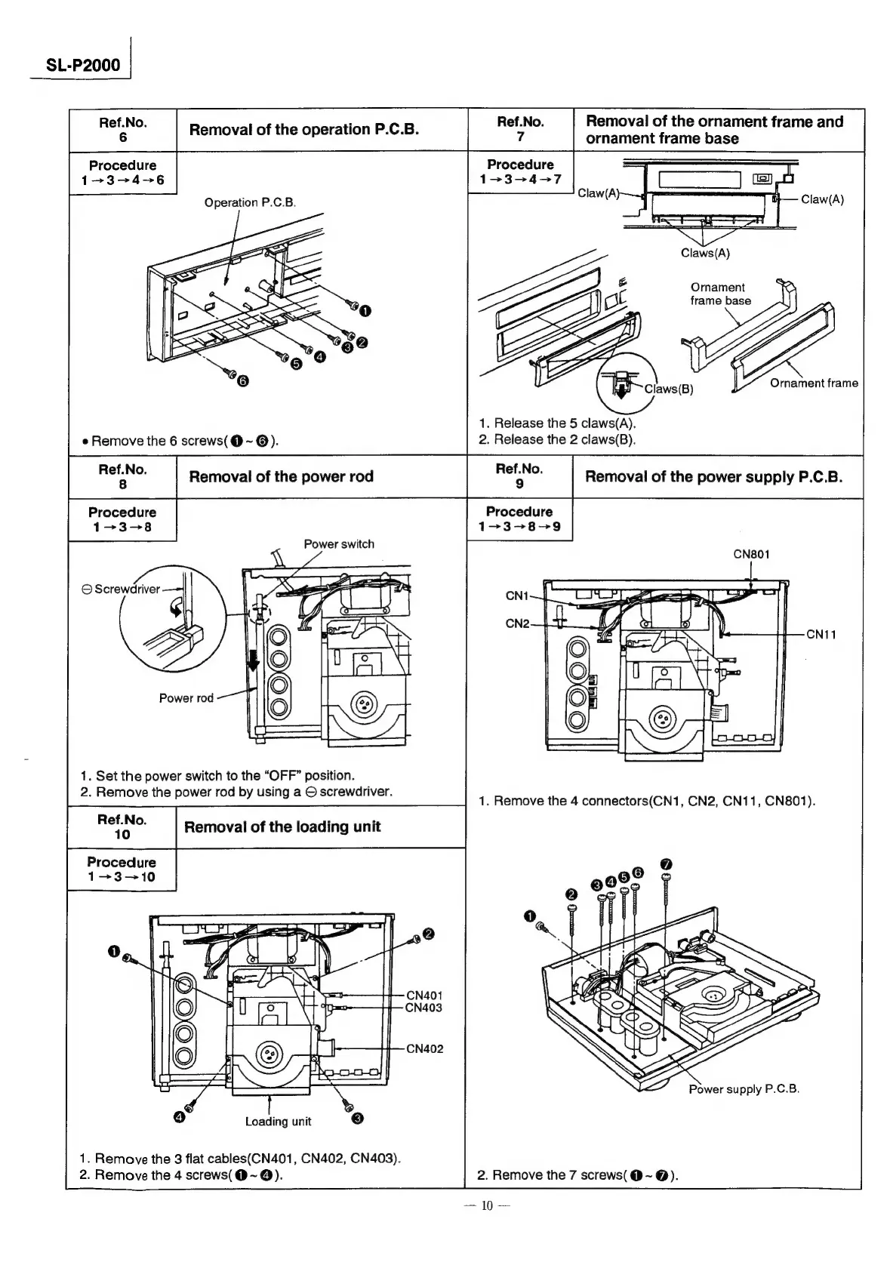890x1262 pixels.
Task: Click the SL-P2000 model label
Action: (x=83, y=65)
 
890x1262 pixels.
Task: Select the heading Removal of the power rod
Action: (x=281, y=476)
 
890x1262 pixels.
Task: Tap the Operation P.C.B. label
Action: (x=250, y=202)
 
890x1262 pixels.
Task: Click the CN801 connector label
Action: (x=751, y=554)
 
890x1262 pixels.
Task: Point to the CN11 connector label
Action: (x=821, y=634)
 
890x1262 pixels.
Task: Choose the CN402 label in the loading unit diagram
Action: (x=424, y=1048)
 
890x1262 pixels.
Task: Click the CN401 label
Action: (x=423, y=995)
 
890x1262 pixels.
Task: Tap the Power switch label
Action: (x=338, y=544)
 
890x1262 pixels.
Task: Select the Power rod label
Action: (x=186, y=698)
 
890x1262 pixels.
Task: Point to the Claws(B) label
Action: (x=668, y=389)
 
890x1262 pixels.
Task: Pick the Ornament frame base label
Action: (x=720, y=294)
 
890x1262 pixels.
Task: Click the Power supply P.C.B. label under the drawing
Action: (x=744, y=1089)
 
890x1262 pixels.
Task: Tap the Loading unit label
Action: (x=278, y=1122)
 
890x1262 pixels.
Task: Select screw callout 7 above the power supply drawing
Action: (x=665, y=863)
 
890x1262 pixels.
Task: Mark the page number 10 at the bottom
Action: (x=486, y=1227)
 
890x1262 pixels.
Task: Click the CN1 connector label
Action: (x=516, y=596)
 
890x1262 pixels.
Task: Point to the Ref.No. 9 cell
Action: (x=519, y=476)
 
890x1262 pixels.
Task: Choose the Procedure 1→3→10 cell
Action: (x=122, y=869)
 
